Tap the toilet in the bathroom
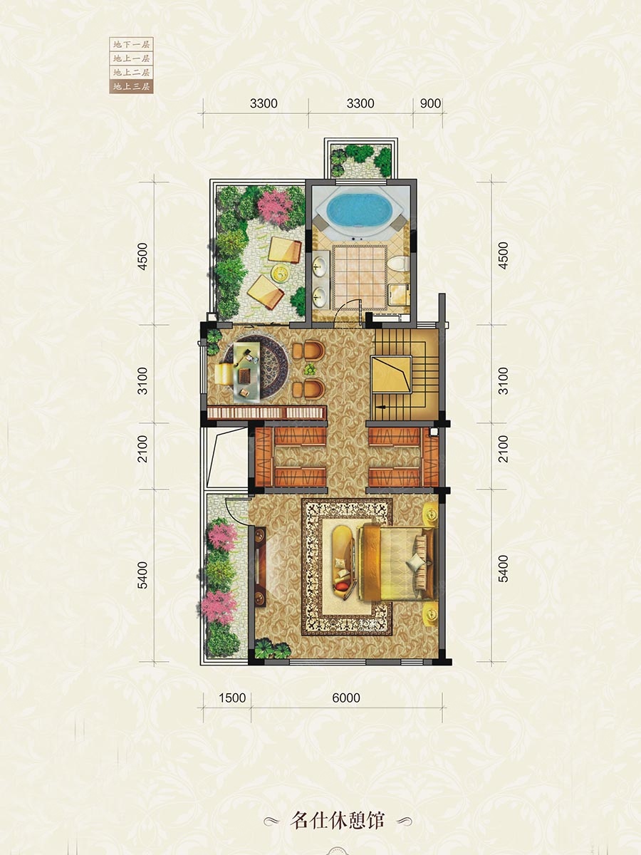pyautogui.click(x=399, y=264)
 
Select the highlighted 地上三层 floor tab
pyautogui.click(x=131, y=86)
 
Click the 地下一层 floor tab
pyautogui.click(x=131, y=44)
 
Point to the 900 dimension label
pyautogui.click(x=430, y=103)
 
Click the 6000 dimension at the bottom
pyautogui.click(x=346, y=698)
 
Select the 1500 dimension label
pyautogui.click(x=232, y=698)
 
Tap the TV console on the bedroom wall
pyautogui.click(x=261, y=566)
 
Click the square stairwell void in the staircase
pyautogui.click(x=392, y=374)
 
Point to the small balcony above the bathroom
pyautogui.click(x=361, y=159)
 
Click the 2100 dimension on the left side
pyautogui.click(x=143, y=449)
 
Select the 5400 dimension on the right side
pyautogui.click(x=504, y=569)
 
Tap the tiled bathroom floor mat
pyautogui.click(x=360, y=277)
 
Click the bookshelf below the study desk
pyautogui.click(x=266, y=413)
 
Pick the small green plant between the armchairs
pyautogui.click(x=309, y=369)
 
